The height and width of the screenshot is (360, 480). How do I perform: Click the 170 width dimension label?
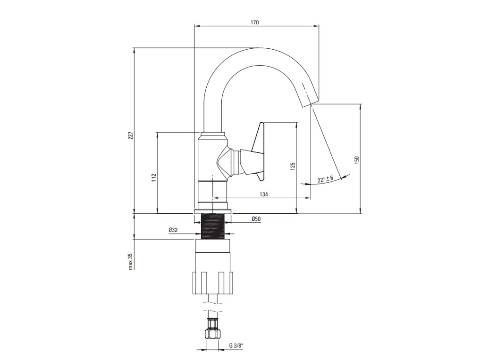(x=255, y=22)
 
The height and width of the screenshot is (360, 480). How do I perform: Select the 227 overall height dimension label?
(x=131, y=135)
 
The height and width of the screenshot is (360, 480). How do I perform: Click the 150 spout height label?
(x=357, y=159)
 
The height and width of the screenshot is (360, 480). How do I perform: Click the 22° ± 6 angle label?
(x=325, y=179)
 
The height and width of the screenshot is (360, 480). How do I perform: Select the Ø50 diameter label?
(x=256, y=219)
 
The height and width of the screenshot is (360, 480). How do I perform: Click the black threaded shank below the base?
(x=214, y=226)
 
